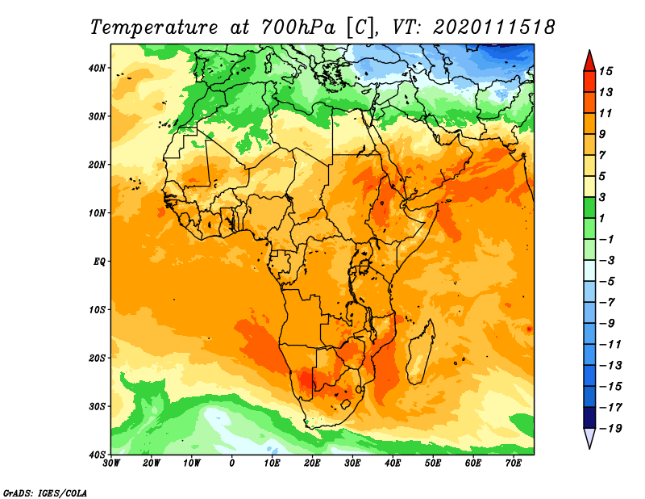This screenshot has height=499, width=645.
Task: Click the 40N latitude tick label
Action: tap(96, 68)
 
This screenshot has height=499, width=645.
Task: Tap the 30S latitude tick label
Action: tap(96, 405)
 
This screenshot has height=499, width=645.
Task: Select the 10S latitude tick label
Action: tap(96, 309)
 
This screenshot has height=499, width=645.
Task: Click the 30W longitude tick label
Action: tap(111, 463)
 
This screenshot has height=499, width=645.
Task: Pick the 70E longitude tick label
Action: tap(514, 463)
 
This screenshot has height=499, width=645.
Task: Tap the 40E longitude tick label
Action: tap(393, 463)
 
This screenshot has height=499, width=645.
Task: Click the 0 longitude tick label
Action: tap(232, 463)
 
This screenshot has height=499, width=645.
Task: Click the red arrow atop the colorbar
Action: tap(589, 61)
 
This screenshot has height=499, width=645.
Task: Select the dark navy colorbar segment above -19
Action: tap(589, 417)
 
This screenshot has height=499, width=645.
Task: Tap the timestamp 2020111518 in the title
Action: tap(494, 27)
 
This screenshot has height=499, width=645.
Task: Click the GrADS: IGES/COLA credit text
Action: tap(45, 492)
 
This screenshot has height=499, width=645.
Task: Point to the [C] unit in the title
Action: tap(360, 27)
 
